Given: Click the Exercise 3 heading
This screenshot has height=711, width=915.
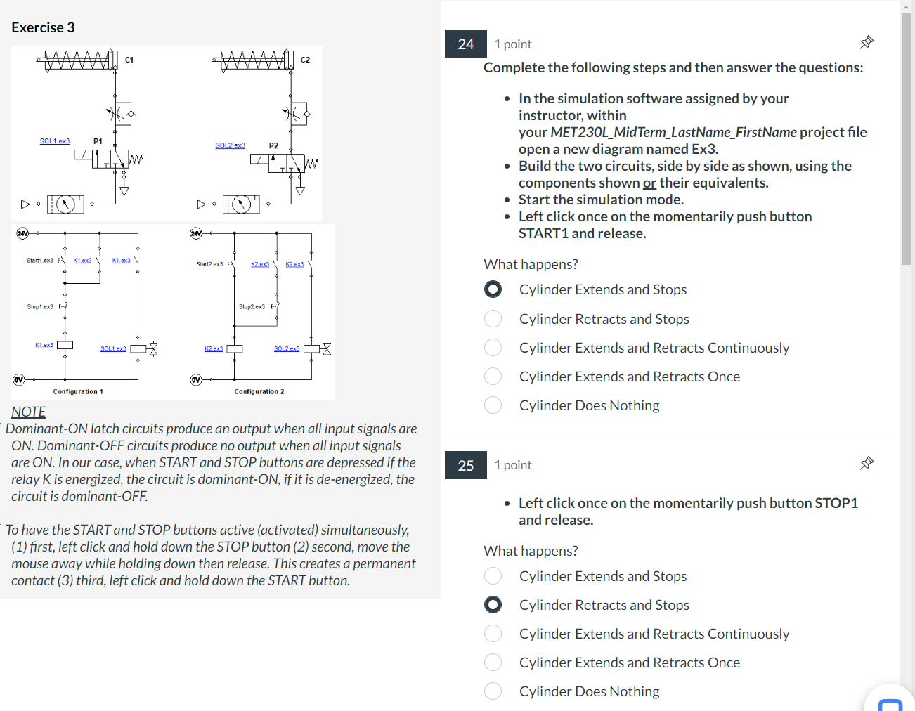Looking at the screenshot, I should pos(43,27).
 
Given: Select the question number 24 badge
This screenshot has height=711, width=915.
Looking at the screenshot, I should pos(465,44).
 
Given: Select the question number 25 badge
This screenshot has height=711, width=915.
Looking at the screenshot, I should pos(465,465).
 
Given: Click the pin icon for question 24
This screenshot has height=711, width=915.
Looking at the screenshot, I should pos(867,43).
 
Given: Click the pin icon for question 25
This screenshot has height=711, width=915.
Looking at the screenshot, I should pos(867,464).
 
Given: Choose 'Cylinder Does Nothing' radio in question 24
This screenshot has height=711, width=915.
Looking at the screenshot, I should pos(493,405).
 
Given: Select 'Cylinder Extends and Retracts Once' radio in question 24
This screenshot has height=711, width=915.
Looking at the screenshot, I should pos(493,377).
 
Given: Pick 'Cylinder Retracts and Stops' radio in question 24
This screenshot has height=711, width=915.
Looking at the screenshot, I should pos(493,319).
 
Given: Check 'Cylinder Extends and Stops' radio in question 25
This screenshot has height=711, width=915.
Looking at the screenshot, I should pos(493,576).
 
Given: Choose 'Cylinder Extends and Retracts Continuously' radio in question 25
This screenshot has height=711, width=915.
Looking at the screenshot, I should pos(493,634).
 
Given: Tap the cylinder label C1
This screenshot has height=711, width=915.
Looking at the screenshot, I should pos(129,60).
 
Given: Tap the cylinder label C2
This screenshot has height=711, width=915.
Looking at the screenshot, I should pos(305,60).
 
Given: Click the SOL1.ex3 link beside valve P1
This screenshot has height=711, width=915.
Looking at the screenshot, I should pos(55,141).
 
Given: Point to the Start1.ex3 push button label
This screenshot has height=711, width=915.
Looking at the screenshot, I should pos(39,261).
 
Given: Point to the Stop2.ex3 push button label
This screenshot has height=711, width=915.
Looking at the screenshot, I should pos(252,307).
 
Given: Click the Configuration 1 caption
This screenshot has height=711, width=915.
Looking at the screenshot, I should pos(78,392).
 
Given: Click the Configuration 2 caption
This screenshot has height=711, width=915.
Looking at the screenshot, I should pos(259,392).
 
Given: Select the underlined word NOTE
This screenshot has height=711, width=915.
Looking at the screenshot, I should pos(29,412).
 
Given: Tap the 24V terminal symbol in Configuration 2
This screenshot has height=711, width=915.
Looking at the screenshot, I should pos(196,233).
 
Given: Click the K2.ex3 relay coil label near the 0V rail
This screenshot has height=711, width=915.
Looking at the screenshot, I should pos(214,348).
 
